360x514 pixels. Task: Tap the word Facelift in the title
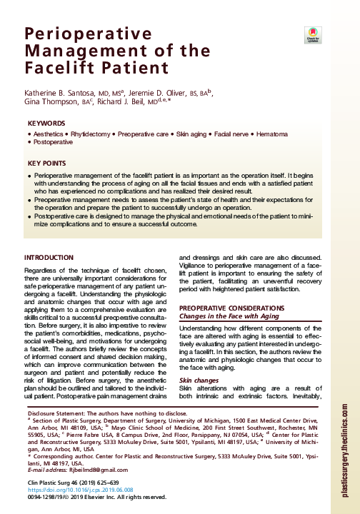56,69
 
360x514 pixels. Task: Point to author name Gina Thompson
52,103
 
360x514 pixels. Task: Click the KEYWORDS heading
46,124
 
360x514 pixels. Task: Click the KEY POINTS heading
49,163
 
